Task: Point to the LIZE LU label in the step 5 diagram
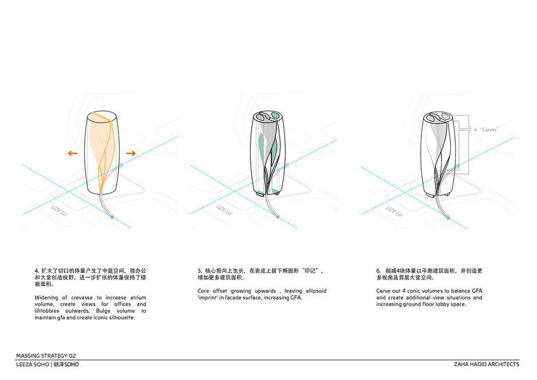point(222,209)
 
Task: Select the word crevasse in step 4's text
point(76,297)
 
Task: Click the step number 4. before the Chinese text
point(36,271)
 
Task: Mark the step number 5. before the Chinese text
point(200,271)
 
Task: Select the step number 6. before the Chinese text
point(378,271)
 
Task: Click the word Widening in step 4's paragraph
point(48,297)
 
